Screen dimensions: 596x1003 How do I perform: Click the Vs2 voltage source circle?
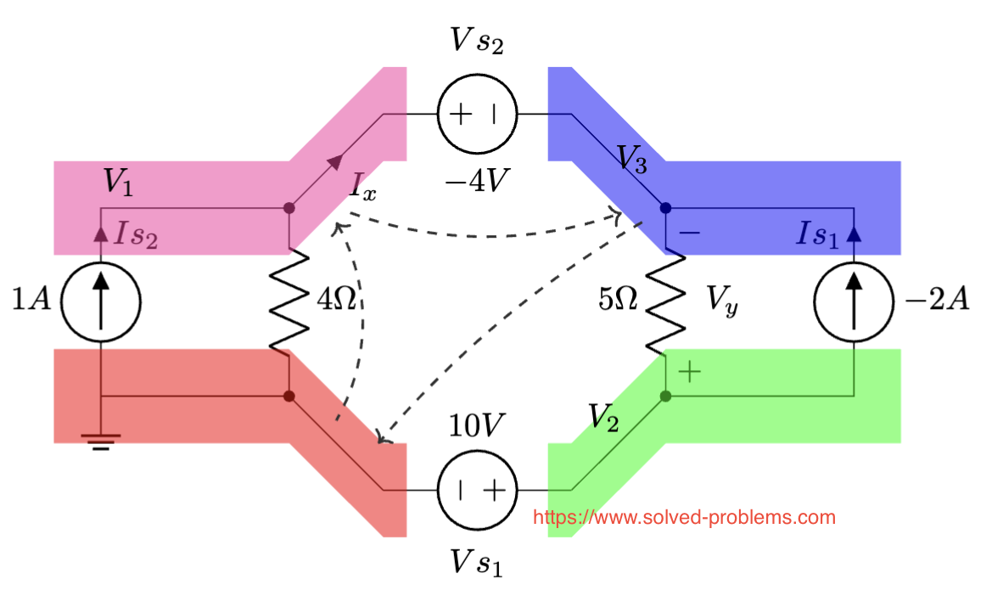(476, 114)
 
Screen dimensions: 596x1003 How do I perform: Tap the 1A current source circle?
(101, 301)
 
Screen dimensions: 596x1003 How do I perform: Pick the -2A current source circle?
(853, 301)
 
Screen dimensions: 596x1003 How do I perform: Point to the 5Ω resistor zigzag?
(665, 301)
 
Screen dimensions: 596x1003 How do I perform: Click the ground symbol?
(101, 441)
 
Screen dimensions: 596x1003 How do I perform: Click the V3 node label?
(631, 160)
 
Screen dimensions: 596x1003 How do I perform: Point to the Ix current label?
(363, 187)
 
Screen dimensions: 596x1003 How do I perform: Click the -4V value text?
(476, 181)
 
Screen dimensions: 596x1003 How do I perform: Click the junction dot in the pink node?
(289, 208)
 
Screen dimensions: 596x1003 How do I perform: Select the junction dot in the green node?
(665, 396)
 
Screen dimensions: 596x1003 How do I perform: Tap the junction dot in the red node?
(289, 396)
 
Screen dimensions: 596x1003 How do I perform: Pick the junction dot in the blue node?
(665, 208)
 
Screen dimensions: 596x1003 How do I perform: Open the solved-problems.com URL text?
(684, 517)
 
